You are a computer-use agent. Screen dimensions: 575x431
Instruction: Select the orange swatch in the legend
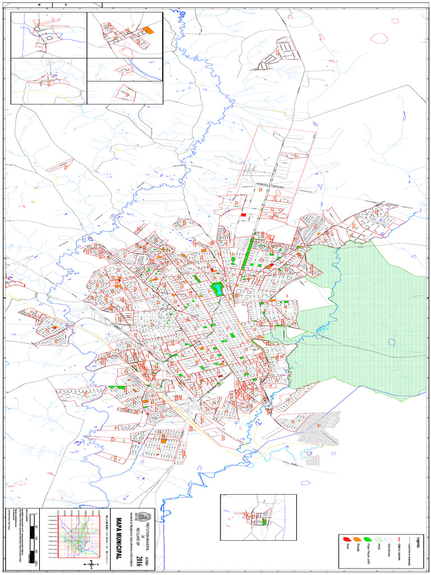[357, 540]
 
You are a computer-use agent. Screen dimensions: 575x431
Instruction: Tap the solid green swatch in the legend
[368, 540]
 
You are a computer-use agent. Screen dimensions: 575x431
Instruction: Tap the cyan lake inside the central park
[217, 289]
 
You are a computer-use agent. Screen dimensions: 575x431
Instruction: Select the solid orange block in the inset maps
[149, 30]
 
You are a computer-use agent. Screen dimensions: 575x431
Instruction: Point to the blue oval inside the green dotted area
[392, 342]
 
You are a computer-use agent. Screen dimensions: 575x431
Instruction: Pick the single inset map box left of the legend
[258, 517]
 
